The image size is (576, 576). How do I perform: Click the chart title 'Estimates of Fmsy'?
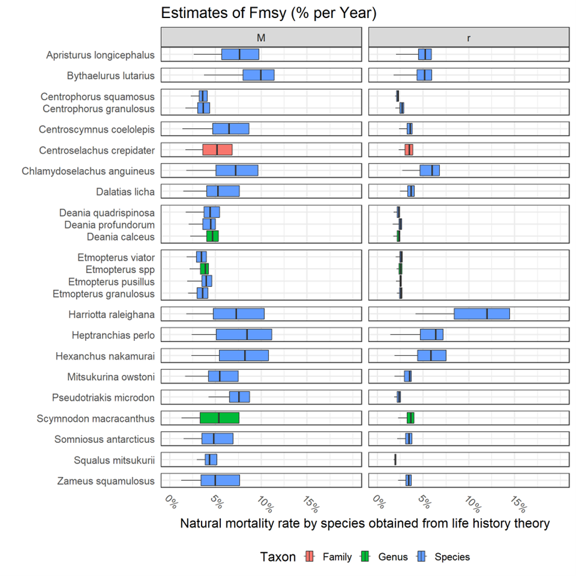coord(269,13)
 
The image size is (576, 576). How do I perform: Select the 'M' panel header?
coord(261,37)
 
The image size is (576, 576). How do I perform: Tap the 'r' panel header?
coord(468,37)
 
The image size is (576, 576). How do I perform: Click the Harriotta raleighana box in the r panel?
coord(481,314)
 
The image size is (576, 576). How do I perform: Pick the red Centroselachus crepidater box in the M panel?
coord(217,150)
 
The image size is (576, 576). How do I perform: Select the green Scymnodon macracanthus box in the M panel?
coord(219,417)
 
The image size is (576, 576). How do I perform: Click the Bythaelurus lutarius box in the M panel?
coord(258,75)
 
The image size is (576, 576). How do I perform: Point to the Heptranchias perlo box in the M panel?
coord(244,335)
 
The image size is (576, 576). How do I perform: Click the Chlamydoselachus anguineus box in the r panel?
coord(429,170)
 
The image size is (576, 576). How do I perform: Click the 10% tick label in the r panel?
coord(470,501)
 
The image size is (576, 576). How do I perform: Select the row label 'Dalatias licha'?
coord(125,191)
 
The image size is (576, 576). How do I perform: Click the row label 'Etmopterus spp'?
coord(120,269)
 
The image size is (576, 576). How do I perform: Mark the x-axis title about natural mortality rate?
coord(365,524)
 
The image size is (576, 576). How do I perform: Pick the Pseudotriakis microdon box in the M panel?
coord(239,397)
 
